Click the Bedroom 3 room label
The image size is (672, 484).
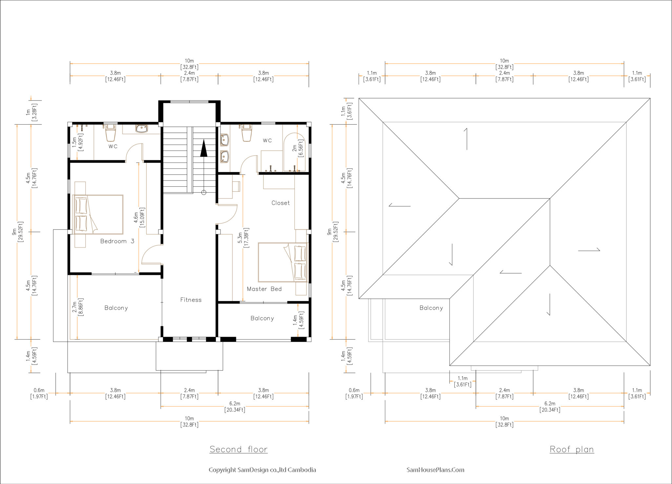(117, 241)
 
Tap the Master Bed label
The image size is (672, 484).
(264, 289)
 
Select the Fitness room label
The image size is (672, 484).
(191, 300)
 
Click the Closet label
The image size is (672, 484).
(281, 203)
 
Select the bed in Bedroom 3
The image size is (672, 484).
(98, 215)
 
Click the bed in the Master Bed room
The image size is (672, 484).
(283, 262)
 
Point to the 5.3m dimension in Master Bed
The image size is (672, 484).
(243, 238)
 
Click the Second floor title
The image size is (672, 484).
(239, 449)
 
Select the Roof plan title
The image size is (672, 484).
(572, 449)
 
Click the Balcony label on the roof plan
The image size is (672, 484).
(431, 308)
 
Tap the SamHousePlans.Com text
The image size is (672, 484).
(435, 470)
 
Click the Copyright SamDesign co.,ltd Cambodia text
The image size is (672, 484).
(262, 470)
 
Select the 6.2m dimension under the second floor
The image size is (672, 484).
(235, 407)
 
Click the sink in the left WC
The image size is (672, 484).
(141, 129)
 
